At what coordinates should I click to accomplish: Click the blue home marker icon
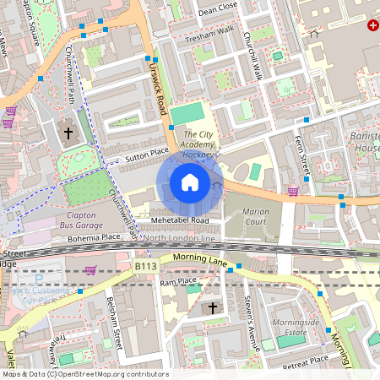click(x=190, y=182)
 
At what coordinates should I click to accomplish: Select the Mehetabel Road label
click(x=181, y=220)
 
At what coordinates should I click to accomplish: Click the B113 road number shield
click(x=146, y=266)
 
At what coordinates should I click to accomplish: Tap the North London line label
click(x=186, y=240)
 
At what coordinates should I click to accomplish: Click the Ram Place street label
click(x=177, y=281)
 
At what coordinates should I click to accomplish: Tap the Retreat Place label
click(x=306, y=359)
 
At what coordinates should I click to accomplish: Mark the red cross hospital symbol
click(x=372, y=26)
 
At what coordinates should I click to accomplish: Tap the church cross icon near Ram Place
click(x=213, y=307)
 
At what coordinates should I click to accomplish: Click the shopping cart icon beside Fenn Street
click(x=293, y=191)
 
